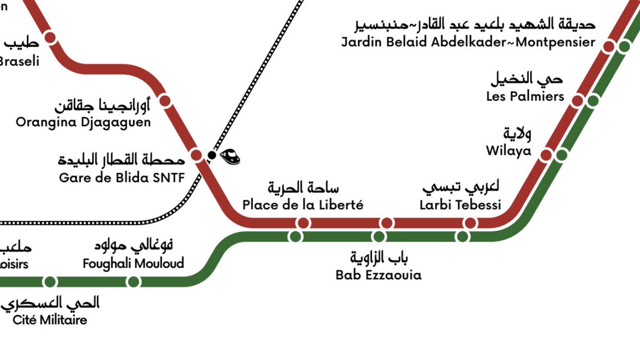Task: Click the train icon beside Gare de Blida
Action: click(x=230, y=156)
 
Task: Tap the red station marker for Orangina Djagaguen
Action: click(x=165, y=101)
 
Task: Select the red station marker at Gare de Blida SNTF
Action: click(x=196, y=155)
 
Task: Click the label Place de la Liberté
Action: click(x=302, y=205)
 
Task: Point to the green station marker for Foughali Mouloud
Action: click(x=134, y=281)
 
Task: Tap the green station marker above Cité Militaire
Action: click(x=50, y=281)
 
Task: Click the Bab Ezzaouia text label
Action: click(x=378, y=275)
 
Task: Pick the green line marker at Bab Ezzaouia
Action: click(x=379, y=236)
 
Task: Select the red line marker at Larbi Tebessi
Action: click(x=470, y=223)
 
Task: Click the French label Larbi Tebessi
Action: click(x=460, y=205)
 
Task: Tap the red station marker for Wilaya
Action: click(x=546, y=155)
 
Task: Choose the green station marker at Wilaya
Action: click(x=561, y=155)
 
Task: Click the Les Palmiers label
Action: click(x=525, y=97)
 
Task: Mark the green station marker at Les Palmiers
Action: click(x=593, y=101)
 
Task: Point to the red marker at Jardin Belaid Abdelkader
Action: click(x=609, y=46)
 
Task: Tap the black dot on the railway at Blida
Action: click(x=212, y=155)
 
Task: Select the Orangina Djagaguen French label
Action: click(x=83, y=122)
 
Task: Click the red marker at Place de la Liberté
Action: click(x=303, y=223)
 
